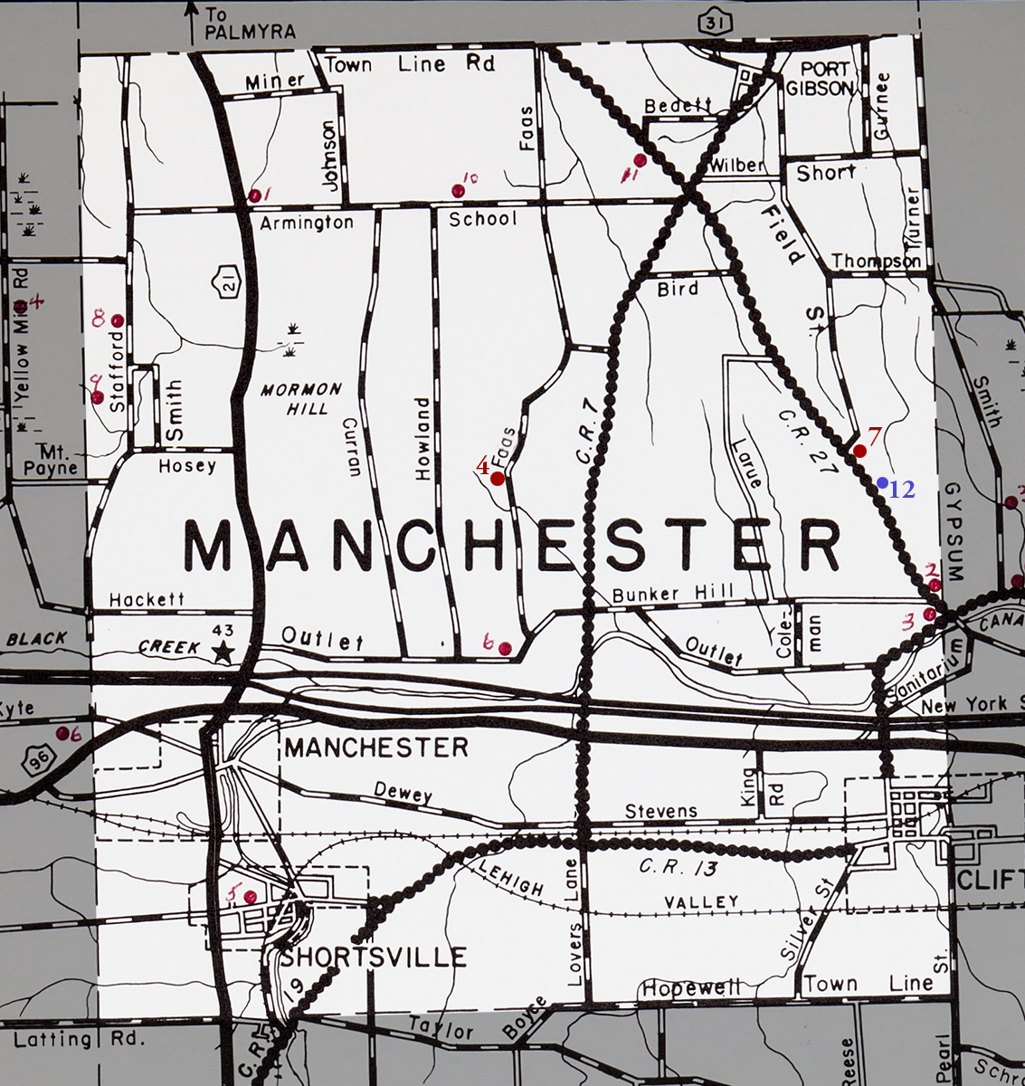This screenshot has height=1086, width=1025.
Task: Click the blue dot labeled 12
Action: pyautogui.click(x=882, y=482)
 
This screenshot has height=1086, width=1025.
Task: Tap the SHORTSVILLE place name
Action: pyautogui.click(x=374, y=957)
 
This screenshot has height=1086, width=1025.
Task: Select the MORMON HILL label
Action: pyautogui.click(x=301, y=398)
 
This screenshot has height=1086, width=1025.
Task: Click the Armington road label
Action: pyautogui.click(x=307, y=222)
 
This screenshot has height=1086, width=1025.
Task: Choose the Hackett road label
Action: pyautogui.click(x=147, y=599)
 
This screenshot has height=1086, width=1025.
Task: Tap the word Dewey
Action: pyautogui.click(x=403, y=795)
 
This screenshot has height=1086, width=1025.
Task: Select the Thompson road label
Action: pyautogui.click(x=876, y=261)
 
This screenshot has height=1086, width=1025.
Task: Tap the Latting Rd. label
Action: pyautogui.click(x=79, y=1038)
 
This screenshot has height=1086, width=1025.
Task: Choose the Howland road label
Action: pyautogui.click(x=422, y=438)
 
